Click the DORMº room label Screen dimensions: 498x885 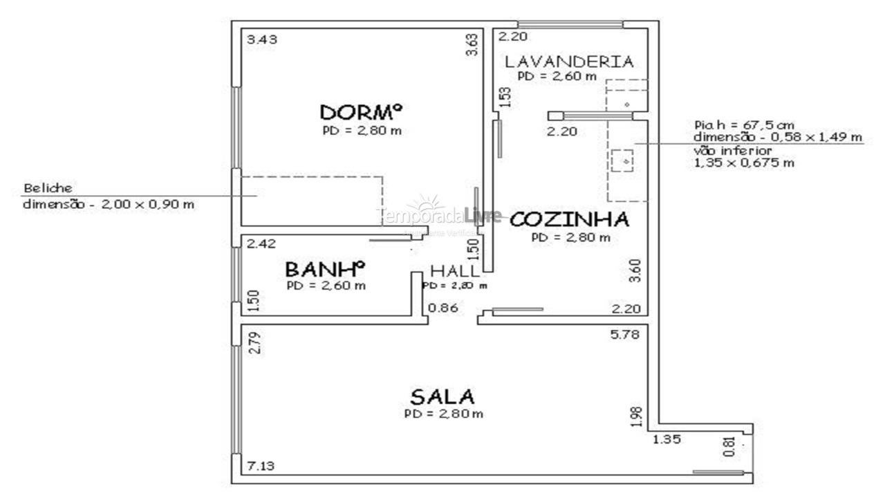(x=361, y=111)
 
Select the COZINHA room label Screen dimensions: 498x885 (x=570, y=219)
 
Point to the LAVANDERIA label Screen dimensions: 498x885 (x=568, y=61)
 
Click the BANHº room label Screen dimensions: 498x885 (x=324, y=268)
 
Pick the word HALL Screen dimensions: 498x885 (x=454, y=270)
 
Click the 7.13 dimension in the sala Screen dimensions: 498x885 (x=261, y=466)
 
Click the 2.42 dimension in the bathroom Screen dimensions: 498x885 (x=262, y=243)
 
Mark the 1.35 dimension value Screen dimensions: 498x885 (x=666, y=438)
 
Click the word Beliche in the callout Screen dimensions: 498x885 (x=48, y=188)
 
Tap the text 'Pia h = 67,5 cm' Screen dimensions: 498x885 (x=744, y=125)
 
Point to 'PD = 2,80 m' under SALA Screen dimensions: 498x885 (x=443, y=414)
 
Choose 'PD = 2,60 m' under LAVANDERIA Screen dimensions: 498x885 (x=557, y=76)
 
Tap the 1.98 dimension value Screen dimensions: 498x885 (x=637, y=416)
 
